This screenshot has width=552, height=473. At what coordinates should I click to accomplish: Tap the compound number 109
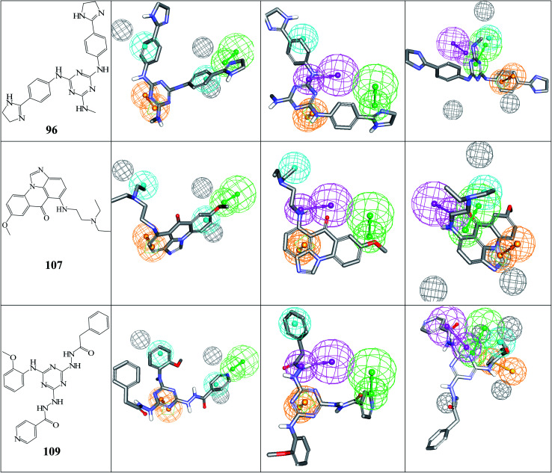coord(55,451)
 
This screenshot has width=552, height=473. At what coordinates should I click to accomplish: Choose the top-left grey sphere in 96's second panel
coord(122,30)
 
